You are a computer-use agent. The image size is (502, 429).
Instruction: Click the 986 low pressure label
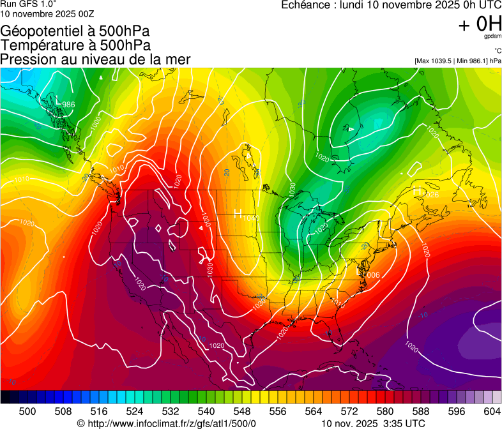(x=68, y=105)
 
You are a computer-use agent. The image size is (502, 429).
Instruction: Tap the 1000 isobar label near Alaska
(x=96, y=123)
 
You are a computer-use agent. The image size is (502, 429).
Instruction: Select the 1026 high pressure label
(x=432, y=195)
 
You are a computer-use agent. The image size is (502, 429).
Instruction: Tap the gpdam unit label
(x=493, y=36)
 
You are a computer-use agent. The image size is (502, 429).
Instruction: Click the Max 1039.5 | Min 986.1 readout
(x=457, y=61)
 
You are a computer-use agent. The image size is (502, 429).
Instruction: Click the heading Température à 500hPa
(x=75, y=45)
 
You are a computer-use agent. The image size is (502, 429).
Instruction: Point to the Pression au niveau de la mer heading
(x=95, y=59)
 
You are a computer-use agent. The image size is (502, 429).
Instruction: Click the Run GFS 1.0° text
(x=29, y=4)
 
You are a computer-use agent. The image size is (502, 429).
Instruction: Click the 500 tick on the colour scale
(x=27, y=411)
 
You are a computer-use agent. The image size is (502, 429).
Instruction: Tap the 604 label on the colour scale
(x=492, y=411)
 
